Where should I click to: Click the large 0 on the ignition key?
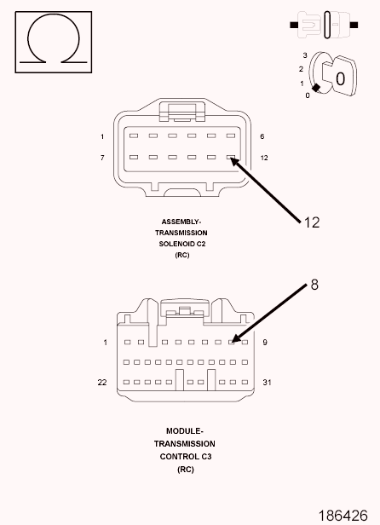pos(340,79)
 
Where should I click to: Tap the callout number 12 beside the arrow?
pos(312,222)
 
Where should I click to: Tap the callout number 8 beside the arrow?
pos(314,285)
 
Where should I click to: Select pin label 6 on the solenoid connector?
pos(262,136)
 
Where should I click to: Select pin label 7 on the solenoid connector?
pos(102,158)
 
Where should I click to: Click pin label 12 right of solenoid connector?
pos(264,158)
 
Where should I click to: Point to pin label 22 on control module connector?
pos(102,382)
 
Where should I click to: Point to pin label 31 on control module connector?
pos(267,382)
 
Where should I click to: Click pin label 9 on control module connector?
pos(265,343)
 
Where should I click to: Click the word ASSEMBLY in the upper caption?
pos(180,222)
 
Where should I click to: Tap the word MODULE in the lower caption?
pos(183,431)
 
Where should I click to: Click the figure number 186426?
pos(343,516)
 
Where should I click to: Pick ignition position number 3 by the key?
pos(305,55)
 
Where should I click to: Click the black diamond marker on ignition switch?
pos(316,88)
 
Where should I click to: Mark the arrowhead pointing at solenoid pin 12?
pos(234,161)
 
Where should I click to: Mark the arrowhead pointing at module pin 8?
pos(236,338)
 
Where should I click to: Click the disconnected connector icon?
pos(324,25)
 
